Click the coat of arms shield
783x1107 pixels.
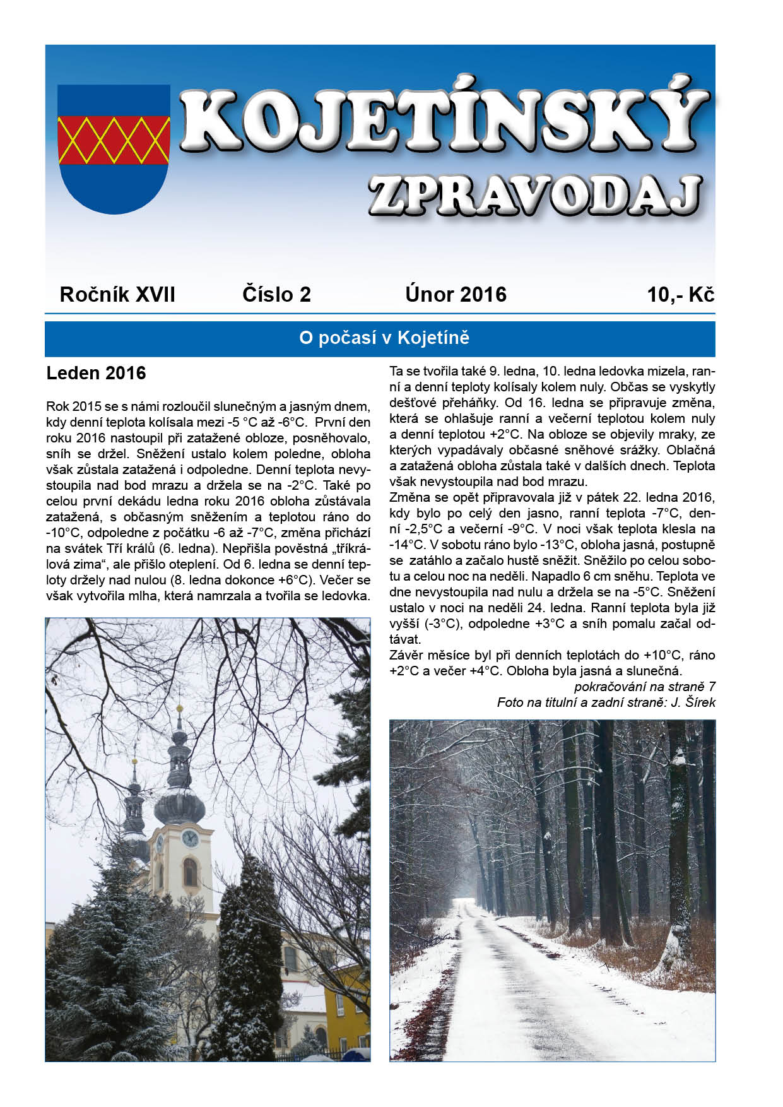click(x=114, y=148)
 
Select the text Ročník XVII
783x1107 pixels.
click(x=117, y=295)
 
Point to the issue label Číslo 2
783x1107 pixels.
click(x=276, y=295)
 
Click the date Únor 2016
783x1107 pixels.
click(x=456, y=295)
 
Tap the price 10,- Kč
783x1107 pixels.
click(x=680, y=295)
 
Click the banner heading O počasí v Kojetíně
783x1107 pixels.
click(x=384, y=338)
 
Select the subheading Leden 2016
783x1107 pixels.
click(x=96, y=374)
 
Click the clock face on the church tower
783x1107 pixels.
click(x=189, y=838)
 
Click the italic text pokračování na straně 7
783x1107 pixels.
click(x=644, y=687)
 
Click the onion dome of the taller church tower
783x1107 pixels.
click(x=179, y=805)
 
